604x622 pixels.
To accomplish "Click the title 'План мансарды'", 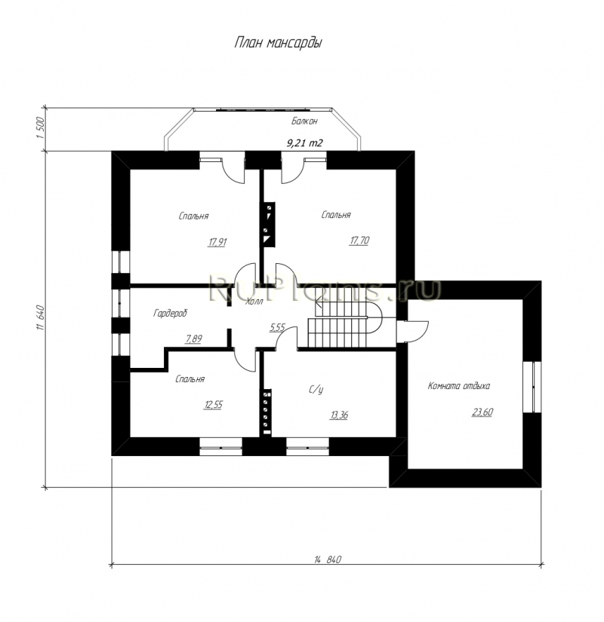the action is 278,42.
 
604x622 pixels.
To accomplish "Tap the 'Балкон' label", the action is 304,121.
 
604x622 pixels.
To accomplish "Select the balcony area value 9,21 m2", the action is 305,142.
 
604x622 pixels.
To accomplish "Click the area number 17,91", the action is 217,242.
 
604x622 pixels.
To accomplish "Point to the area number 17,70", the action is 359,241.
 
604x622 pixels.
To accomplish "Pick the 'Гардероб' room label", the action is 170,314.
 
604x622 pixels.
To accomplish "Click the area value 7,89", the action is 193,339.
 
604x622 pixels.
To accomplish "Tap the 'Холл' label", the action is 254,302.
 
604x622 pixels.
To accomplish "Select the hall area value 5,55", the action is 277,328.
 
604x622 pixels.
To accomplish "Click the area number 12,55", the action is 214,405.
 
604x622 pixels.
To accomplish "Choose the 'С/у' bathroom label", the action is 316,390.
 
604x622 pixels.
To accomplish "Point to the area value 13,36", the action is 339,415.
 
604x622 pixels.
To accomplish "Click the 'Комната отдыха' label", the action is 458,385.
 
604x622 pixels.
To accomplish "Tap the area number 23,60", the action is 482,412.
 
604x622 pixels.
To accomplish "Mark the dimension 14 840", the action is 328,559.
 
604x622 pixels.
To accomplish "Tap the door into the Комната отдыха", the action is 412,331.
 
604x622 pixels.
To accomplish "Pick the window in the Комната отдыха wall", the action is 532,387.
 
